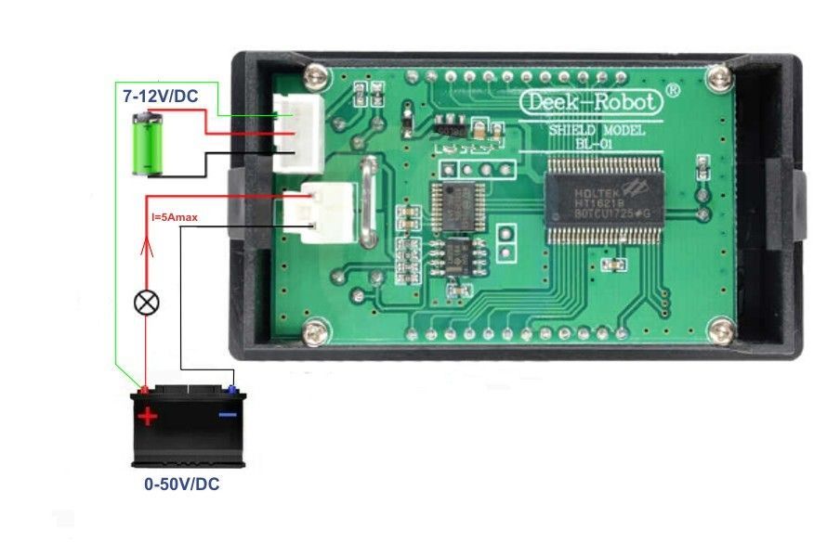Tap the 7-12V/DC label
point(159,96)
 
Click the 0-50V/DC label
point(181,485)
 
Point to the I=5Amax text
point(175,217)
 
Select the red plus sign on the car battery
point(148,416)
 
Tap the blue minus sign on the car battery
point(228,414)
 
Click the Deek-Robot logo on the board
point(590,102)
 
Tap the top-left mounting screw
point(319,74)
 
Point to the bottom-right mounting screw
point(718,328)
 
